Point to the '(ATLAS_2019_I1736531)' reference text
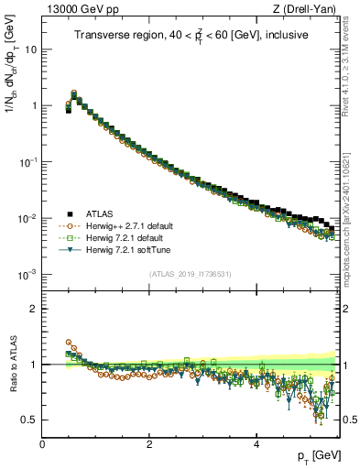190,274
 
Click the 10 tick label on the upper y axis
31,49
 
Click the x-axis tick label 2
149,443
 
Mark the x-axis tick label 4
256,443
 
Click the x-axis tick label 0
42,443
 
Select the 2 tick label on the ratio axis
34,309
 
